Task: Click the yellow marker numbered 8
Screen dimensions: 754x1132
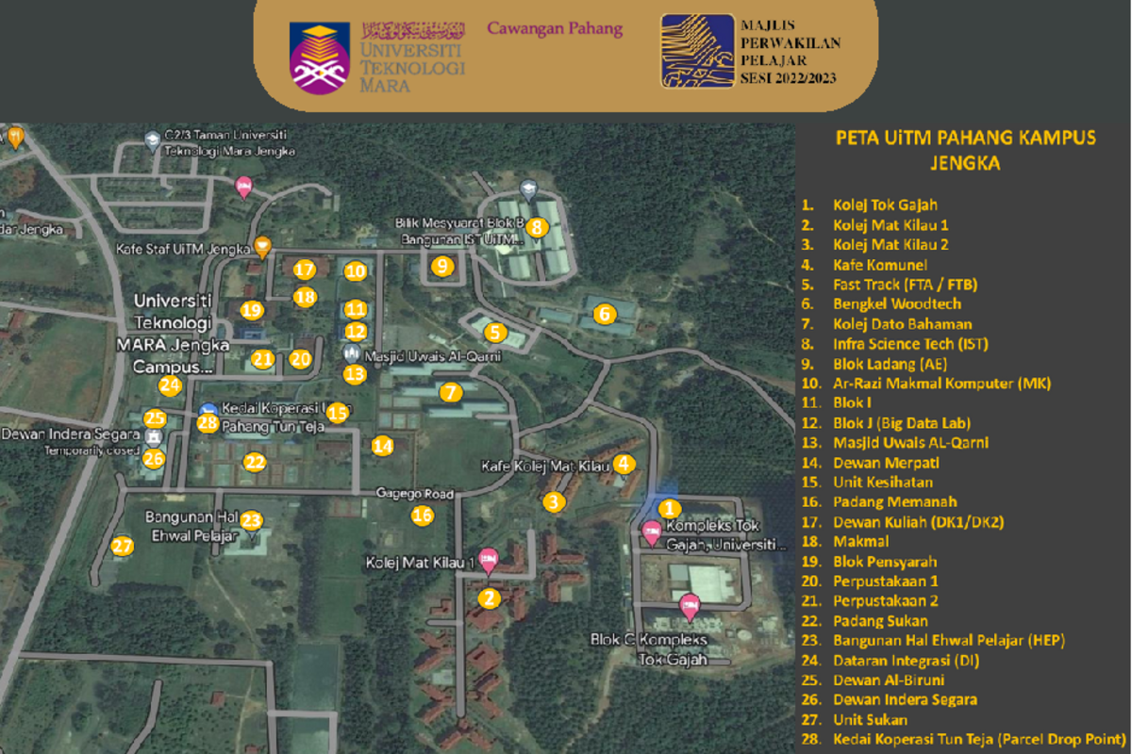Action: click(x=536, y=226)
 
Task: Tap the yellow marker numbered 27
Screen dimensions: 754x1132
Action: click(x=122, y=546)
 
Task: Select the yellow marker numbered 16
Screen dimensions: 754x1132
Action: click(x=422, y=515)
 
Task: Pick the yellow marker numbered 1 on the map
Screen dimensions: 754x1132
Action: click(x=668, y=509)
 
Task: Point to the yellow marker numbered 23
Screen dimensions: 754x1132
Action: click(x=250, y=520)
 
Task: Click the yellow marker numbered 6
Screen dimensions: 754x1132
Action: click(x=604, y=314)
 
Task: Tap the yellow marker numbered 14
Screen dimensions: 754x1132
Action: click(x=382, y=446)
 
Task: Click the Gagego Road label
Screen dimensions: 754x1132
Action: click(x=415, y=494)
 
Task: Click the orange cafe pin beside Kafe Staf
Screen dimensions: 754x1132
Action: click(x=262, y=245)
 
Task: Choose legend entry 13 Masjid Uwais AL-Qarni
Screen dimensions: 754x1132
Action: click(x=910, y=442)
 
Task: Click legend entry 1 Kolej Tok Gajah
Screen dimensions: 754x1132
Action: click(x=885, y=205)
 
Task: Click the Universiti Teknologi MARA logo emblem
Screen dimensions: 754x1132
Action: click(x=321, y=57)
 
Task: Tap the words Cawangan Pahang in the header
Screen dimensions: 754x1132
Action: click(x=555, y=28)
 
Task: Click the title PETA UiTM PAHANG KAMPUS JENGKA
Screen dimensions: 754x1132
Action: click(x=965, y=150)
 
